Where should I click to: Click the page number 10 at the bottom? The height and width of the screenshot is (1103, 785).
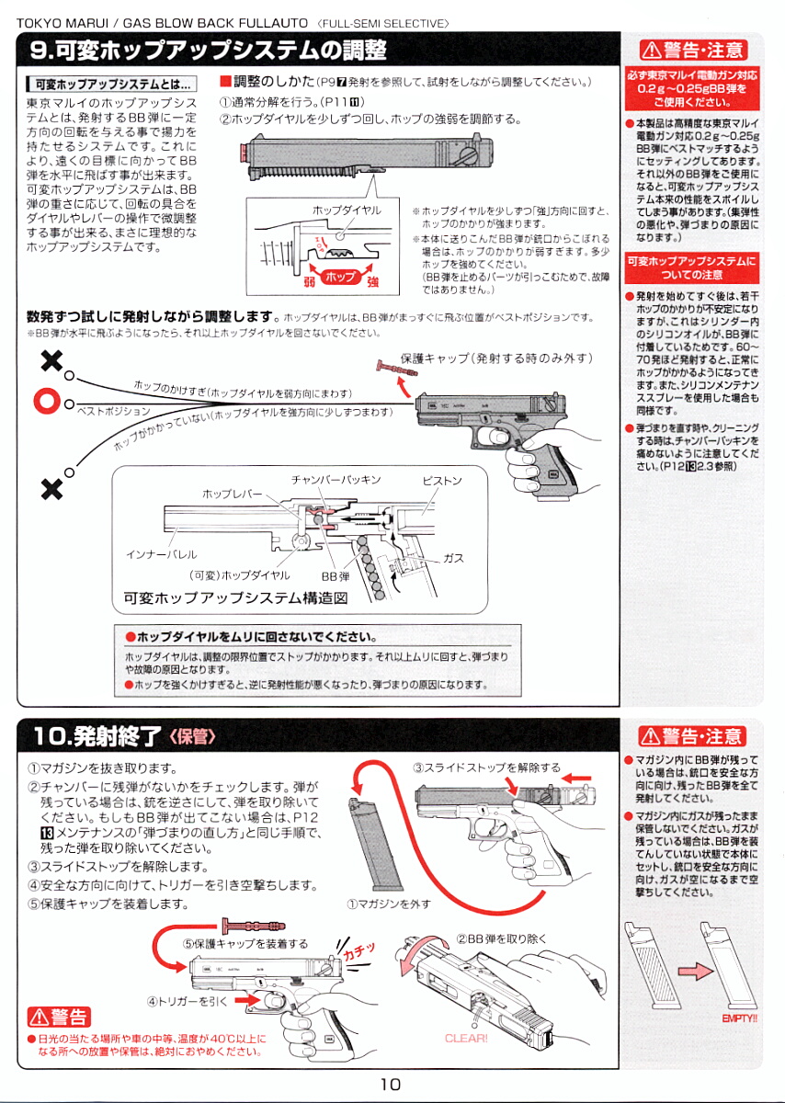coord(391,1084)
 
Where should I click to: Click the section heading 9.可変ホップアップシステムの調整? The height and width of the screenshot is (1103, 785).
coord(208,50)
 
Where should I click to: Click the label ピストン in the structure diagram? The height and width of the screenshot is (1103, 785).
coord(441,481)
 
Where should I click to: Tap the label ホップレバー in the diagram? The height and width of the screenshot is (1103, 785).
coord(233,495)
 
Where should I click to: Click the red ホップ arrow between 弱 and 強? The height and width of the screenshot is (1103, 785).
coord(340,277)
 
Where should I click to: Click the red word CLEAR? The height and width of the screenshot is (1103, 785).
coord(466,1038)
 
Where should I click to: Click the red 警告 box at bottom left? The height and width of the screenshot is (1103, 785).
coord(59,1017)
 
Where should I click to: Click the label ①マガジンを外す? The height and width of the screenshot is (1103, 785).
coord(388,904)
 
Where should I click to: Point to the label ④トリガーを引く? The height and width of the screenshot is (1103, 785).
coord(187,1000)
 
